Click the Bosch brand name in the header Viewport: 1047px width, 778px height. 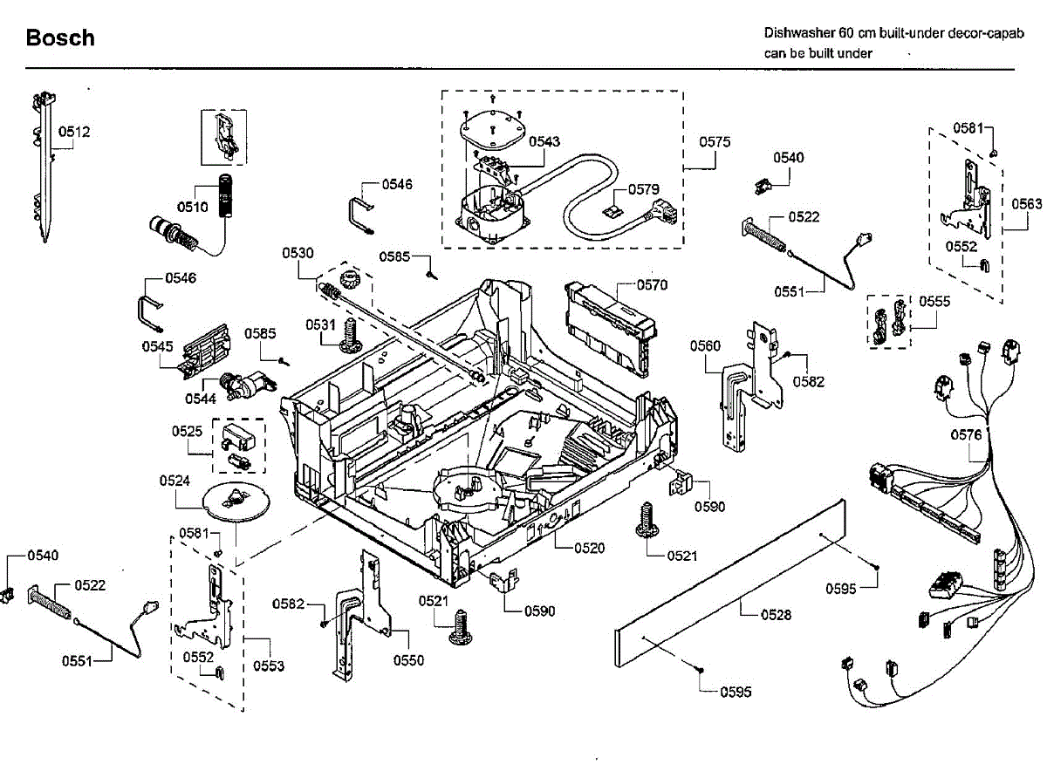60,38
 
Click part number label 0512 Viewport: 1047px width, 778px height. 74,133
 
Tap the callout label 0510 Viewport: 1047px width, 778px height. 192,207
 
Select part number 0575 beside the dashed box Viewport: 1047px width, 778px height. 715,141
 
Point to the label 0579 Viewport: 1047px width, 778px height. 643,188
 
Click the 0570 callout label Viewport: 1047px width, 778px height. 652,284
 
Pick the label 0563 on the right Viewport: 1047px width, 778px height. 1026,204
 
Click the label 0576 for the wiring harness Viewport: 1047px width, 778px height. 966,434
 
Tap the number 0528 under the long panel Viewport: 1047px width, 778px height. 776,615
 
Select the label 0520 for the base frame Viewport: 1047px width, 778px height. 589,548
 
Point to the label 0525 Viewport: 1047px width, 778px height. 187,431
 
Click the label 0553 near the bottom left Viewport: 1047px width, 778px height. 269,665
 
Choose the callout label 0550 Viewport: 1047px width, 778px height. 408,660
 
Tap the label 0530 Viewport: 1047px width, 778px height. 298,253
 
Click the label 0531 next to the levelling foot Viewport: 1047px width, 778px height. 320,324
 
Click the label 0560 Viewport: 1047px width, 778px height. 705,346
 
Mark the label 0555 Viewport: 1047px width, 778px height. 934,301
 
